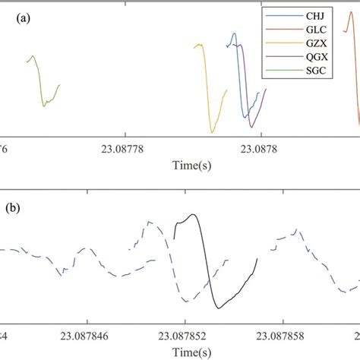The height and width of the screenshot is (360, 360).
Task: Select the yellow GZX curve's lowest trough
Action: pyautogui.click(x=212, y=131)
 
